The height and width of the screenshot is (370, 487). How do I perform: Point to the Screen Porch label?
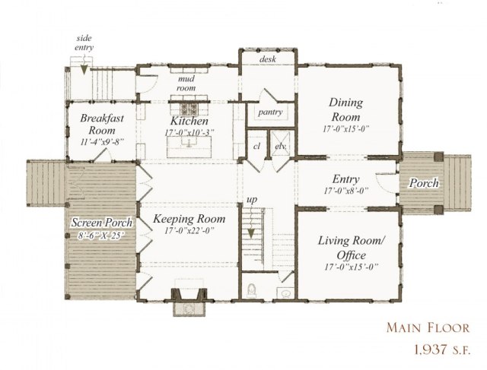[103, 223]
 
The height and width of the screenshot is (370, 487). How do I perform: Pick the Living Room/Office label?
[350, 248]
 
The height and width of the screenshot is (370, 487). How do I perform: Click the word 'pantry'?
[270, 112]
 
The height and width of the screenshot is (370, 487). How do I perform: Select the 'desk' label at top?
[267, 59]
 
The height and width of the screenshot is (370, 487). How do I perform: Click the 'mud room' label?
[187, 82]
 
